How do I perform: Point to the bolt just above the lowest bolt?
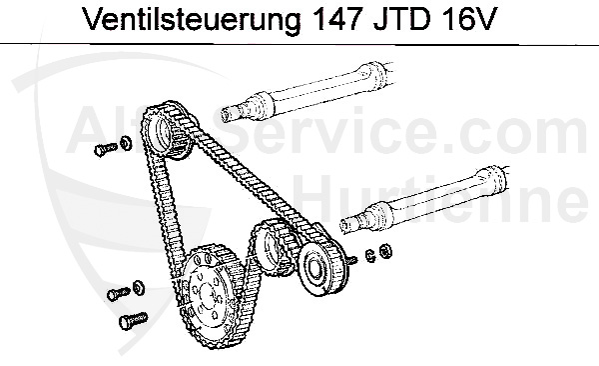point(116,295)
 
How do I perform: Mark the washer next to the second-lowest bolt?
point(137,288)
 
